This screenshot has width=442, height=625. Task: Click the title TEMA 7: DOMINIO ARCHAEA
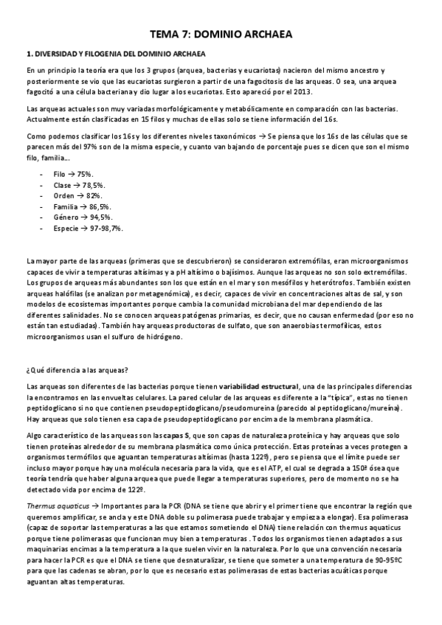(221, 35)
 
